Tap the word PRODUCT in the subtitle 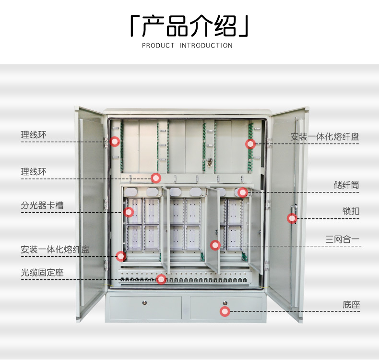coord(158,46)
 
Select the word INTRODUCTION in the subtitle coord(206,46)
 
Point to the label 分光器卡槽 coord(42,206)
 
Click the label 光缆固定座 coord(42,273)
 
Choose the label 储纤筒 coord(346,185)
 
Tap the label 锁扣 coord(351,211)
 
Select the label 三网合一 coord(343,239)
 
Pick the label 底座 coord(351,305)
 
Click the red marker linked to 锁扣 coord(292,218)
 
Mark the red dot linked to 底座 coord(225,312)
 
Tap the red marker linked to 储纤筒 coord(243,192)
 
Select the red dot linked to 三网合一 coord(215,245)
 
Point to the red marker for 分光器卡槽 coord(129,212)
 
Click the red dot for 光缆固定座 coord(161,279)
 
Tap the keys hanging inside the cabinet coord(209,163)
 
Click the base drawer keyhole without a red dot coord(145,302)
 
